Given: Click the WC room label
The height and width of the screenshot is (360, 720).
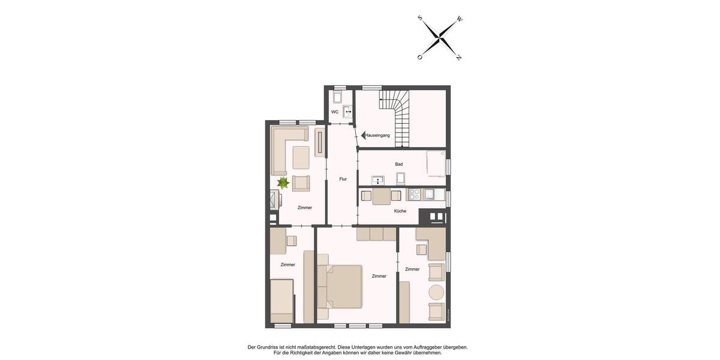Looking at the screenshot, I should [x=335, y=112].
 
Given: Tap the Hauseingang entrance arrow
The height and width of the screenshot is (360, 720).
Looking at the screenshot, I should [x=364, y=135].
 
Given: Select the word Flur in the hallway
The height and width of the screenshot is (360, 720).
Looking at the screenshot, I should [x=343, y=179].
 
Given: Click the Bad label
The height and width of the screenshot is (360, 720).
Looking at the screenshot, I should [x=399, y=164].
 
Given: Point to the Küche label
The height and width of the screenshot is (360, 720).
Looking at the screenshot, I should [x=400, y=211].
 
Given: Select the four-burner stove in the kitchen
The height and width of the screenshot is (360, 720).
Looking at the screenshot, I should [x=413, y=194].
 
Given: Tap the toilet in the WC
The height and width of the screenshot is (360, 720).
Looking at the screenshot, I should [x=337, y=97].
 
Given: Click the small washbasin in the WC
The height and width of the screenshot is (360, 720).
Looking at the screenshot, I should [x=347, y=112].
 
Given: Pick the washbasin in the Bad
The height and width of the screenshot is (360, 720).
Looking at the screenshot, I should [x=378, y=180].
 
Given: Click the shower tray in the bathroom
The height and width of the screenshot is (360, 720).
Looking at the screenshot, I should [x=436, y=163].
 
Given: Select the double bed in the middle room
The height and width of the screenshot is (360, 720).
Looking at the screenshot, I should [x=341, y=285].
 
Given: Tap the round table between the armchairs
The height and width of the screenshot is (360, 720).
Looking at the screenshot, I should [x=436, y=292].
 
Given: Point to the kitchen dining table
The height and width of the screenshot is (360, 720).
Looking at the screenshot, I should [x=382, y=196].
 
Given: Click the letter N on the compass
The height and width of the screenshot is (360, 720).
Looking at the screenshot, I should [x=459, y=58].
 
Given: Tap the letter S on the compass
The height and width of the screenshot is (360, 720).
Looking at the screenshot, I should [x=420, y=19].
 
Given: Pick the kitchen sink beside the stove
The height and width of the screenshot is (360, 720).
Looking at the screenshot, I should [x=429, y=194].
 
